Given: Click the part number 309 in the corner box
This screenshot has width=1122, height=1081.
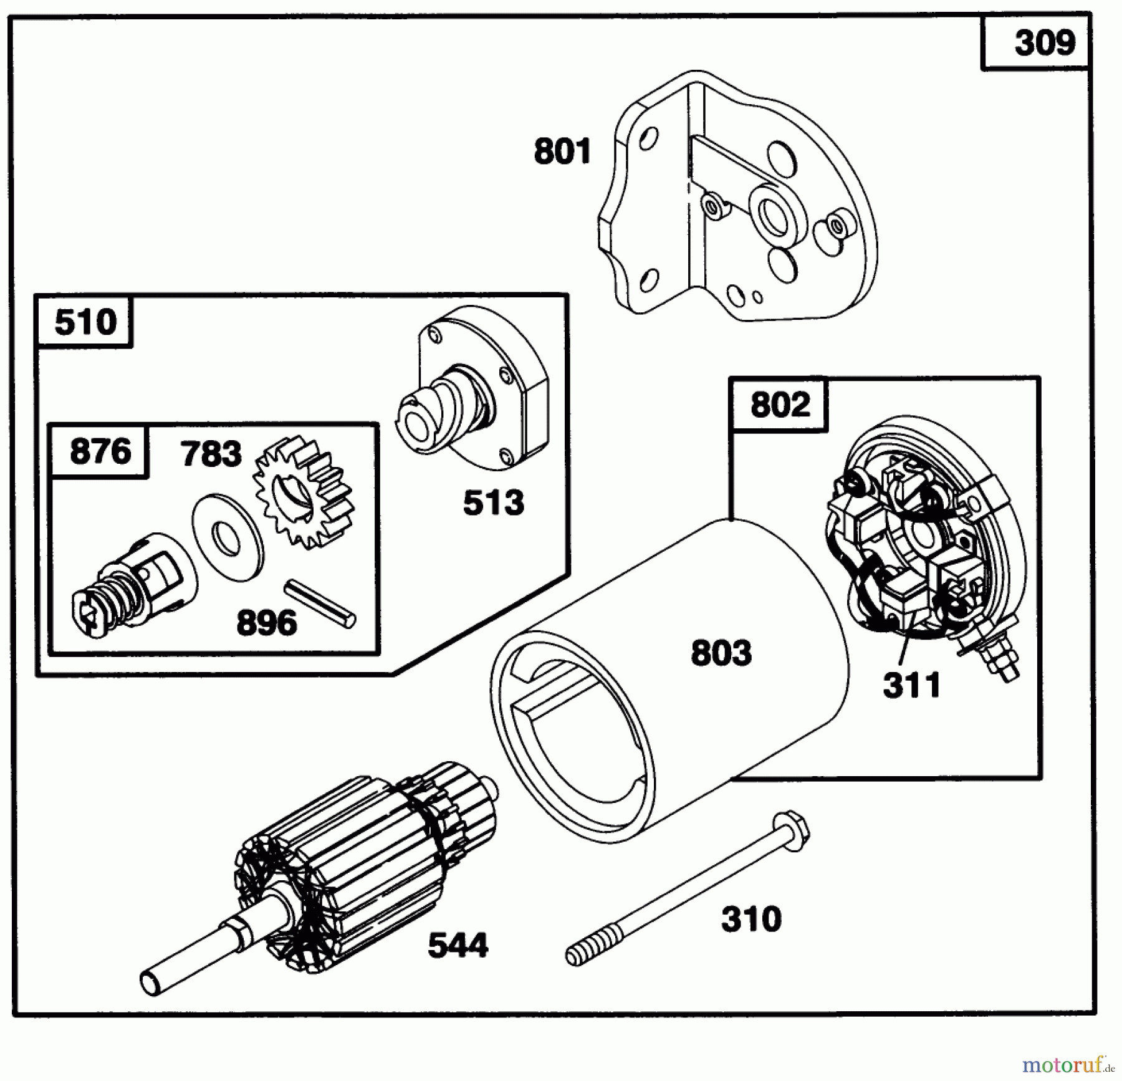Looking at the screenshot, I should tap(1044, 44).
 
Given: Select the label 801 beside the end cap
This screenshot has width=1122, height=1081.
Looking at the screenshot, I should tap(562, 152).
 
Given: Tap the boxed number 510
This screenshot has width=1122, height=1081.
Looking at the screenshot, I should tap(85, 322).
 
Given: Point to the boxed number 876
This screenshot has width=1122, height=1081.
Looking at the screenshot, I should tap(100, 451).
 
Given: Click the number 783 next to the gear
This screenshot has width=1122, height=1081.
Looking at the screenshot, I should tap(211, 454).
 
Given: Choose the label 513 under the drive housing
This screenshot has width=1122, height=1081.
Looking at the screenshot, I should tap(493, 503).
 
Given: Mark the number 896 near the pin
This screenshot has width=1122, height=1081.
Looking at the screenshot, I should tap(266, 623).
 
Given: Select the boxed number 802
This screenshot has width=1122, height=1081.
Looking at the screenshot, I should tap(780, 405).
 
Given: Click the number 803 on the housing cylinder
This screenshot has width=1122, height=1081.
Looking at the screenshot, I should tap(721, 653).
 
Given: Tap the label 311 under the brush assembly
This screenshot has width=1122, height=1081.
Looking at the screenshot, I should tap(911, 686).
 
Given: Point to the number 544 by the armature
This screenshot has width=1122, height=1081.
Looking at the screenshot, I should tap(458, 946).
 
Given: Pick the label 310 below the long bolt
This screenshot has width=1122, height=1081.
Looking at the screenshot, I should tap(750, 920).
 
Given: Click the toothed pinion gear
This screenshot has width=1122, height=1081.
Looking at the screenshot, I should tap(304, 493).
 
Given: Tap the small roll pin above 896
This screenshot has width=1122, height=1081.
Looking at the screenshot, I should tap(320, 603).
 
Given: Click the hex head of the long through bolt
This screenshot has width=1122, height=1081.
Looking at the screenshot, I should tap(790, 830).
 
